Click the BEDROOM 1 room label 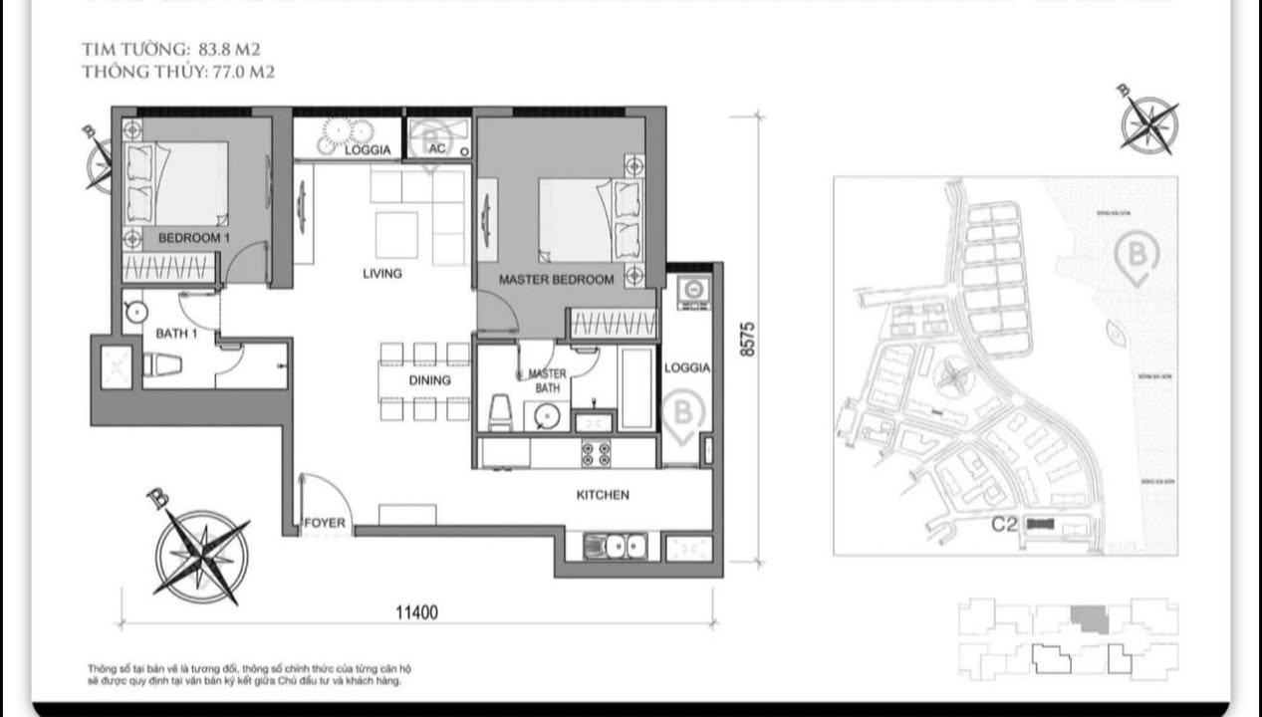194,240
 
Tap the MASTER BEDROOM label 556,280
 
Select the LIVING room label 381,273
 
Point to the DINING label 429,380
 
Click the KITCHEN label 603,495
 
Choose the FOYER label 325,523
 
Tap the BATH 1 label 176,335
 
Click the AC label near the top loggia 436,149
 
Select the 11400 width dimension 416,612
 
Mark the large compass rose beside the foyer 201,556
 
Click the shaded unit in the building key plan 1089,619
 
